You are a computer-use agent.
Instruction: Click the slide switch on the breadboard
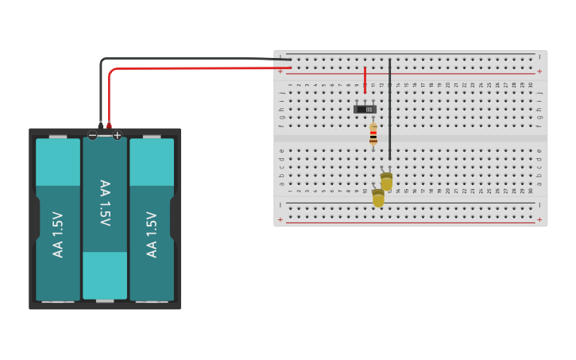365,109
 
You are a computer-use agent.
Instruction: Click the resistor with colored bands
373,134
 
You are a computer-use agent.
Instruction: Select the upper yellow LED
386,181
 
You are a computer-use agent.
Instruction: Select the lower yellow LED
378,197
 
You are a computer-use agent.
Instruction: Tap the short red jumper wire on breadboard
365,79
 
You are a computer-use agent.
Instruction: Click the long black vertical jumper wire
389,111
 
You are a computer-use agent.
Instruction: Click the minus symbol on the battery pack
93,136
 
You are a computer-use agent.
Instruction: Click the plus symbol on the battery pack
117,136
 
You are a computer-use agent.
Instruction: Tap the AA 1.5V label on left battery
57,234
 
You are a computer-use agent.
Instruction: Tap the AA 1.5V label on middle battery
105,203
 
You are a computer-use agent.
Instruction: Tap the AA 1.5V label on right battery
152,234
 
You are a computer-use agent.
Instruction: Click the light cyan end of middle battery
105,275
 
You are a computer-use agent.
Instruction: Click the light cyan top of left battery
58,162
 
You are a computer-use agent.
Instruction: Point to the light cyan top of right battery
152,162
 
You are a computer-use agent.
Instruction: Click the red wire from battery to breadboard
199,68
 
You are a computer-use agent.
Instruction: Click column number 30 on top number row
531,84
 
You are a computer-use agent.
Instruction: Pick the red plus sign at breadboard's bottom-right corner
539,219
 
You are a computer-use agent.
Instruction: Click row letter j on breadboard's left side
281,92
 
